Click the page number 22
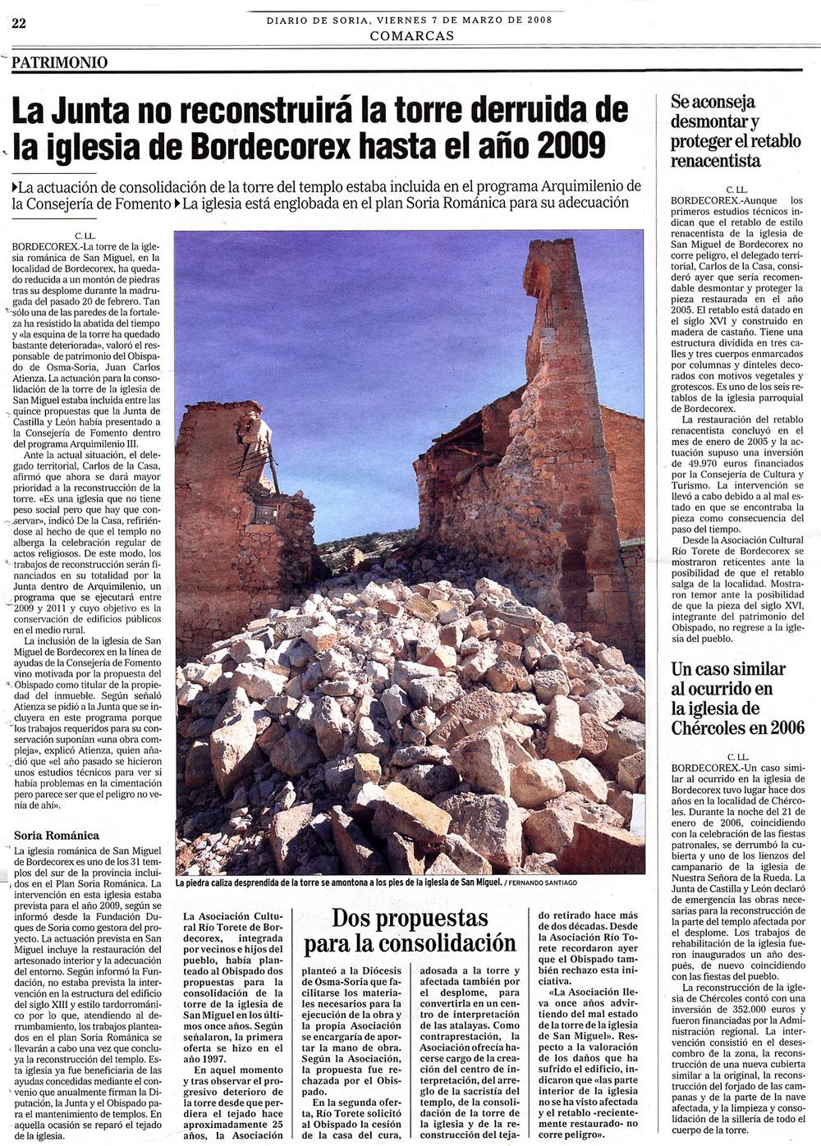coord(19,23)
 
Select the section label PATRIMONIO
coord(60,62)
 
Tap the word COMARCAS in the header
coord(411,35)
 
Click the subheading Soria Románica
coord(57,835)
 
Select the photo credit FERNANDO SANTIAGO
coord(543,882)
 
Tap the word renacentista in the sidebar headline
coord(716,161)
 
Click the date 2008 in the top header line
coord(537,20)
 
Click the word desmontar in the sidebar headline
coord(709,121)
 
